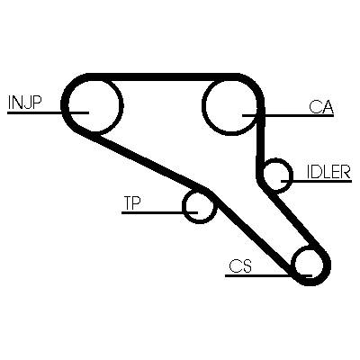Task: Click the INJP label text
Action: [x=24, y=103]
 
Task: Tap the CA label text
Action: [x=321, y=106]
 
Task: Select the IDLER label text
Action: [x=328, y=172]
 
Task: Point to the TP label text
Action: [x=132, y=203]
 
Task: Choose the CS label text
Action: [x=240, y=265]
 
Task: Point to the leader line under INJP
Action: [x=48, y=112]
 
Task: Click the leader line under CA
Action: [x=288, y=115]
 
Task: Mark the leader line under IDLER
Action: [x=316, y=181]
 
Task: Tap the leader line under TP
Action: [x=159, y=212]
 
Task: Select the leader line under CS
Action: [x=269, y=275]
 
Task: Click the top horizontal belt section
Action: [x=164, y=76]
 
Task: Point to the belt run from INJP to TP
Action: [x=150, y=160]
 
